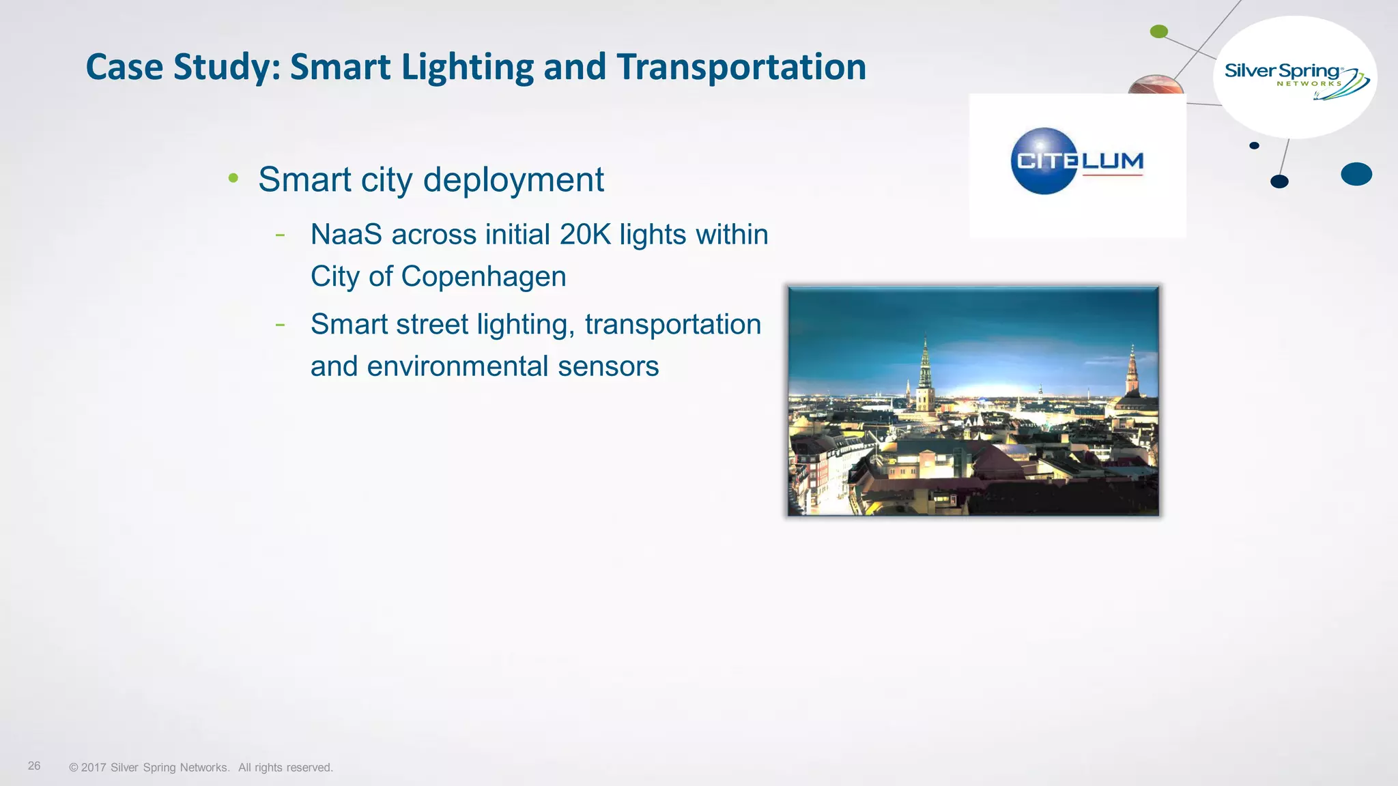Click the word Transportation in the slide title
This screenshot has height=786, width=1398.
(741, 68)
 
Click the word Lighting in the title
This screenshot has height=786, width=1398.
(467, 68)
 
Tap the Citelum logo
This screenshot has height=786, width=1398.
(1076, 162)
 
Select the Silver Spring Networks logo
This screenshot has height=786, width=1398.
(1294, 77)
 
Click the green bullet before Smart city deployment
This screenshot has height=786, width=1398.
(233, 179)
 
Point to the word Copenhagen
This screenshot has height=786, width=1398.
(483, 277)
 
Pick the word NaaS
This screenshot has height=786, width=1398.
(346, 235)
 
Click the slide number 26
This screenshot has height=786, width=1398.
(34, 766)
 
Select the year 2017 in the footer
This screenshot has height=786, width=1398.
(93, 768)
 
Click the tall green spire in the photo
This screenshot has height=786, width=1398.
(926, 375)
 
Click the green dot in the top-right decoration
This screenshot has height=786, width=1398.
(1159, 31)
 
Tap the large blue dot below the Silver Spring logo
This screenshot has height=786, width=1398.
(1356, 174)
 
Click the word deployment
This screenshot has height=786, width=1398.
(513, 180)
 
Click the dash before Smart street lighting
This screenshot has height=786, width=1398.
(280, 325)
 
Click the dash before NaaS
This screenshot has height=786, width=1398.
(280, 235)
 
